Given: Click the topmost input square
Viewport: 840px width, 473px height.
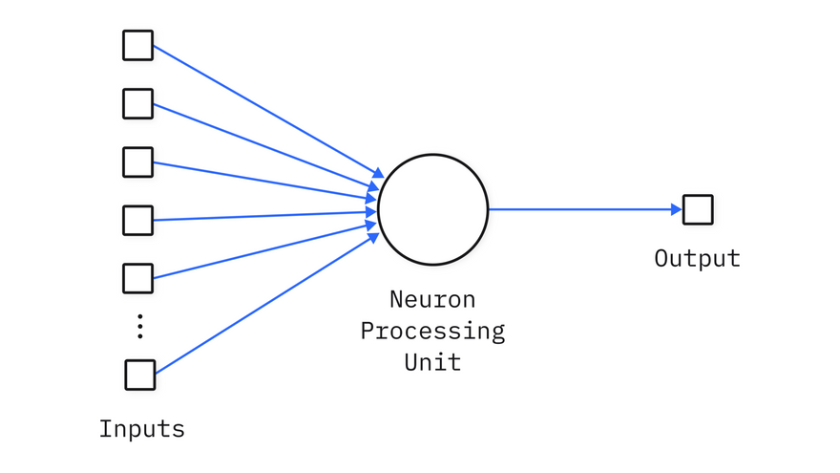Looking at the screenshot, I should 137,46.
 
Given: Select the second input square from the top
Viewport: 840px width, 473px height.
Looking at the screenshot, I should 137,103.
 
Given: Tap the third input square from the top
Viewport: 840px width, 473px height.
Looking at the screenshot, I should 137,161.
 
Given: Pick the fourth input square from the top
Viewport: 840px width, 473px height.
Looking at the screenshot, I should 137,220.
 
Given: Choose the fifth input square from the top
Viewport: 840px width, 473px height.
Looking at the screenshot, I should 137,278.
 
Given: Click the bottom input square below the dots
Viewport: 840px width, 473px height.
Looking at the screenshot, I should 139,374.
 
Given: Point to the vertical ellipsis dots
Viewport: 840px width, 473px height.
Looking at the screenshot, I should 139,326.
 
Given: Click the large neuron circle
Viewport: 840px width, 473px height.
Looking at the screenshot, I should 432,209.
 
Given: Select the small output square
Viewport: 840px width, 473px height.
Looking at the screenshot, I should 698,209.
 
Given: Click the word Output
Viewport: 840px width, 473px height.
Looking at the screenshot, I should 697,258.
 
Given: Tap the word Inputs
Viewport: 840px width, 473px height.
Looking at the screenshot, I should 142,429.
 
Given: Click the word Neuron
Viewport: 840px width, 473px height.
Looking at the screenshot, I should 432,299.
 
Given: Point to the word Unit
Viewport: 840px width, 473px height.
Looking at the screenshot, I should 432,362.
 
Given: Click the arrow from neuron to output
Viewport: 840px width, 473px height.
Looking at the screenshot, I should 582,209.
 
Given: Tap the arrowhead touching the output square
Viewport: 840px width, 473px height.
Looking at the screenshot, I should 677,209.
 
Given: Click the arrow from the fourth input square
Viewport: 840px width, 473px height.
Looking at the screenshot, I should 258,217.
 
